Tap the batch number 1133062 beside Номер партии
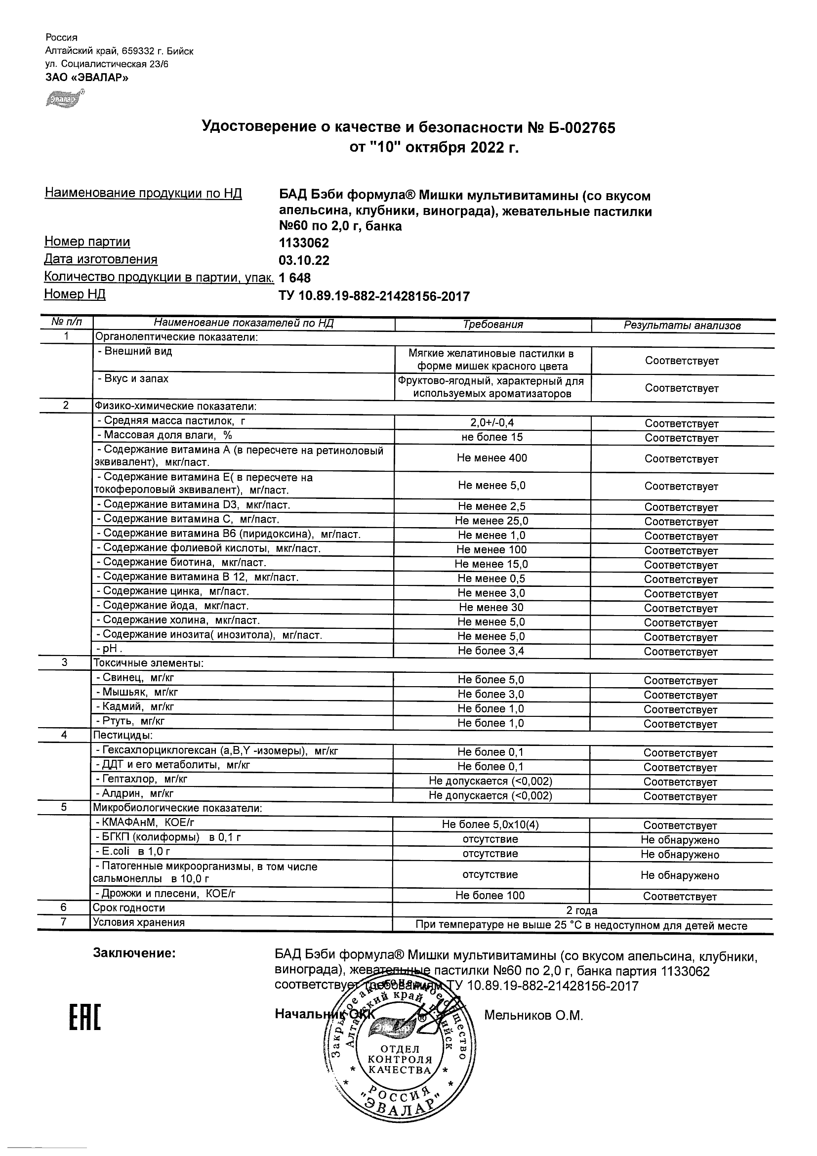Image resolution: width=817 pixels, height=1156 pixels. point(304,243)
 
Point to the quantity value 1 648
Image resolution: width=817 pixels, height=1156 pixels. point(294,278)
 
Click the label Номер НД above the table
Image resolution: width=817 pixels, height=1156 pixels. point(75,294)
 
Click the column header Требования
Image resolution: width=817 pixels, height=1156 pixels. point(492,325)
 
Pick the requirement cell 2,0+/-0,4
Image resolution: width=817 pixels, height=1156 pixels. point(492,423)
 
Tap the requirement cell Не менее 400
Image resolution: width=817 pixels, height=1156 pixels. point(492,457)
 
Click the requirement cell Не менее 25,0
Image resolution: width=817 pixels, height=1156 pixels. point(491,521)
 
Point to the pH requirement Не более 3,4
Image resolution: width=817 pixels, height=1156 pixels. point(491,651)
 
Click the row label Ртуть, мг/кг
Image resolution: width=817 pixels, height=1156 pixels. point(130,721)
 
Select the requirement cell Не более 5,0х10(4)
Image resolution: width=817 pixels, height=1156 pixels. point(490,824)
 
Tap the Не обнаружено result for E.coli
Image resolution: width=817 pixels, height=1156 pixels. point(680,854)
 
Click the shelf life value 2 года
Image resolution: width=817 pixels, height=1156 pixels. point(581,910)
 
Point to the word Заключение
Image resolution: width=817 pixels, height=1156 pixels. point(134,953)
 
